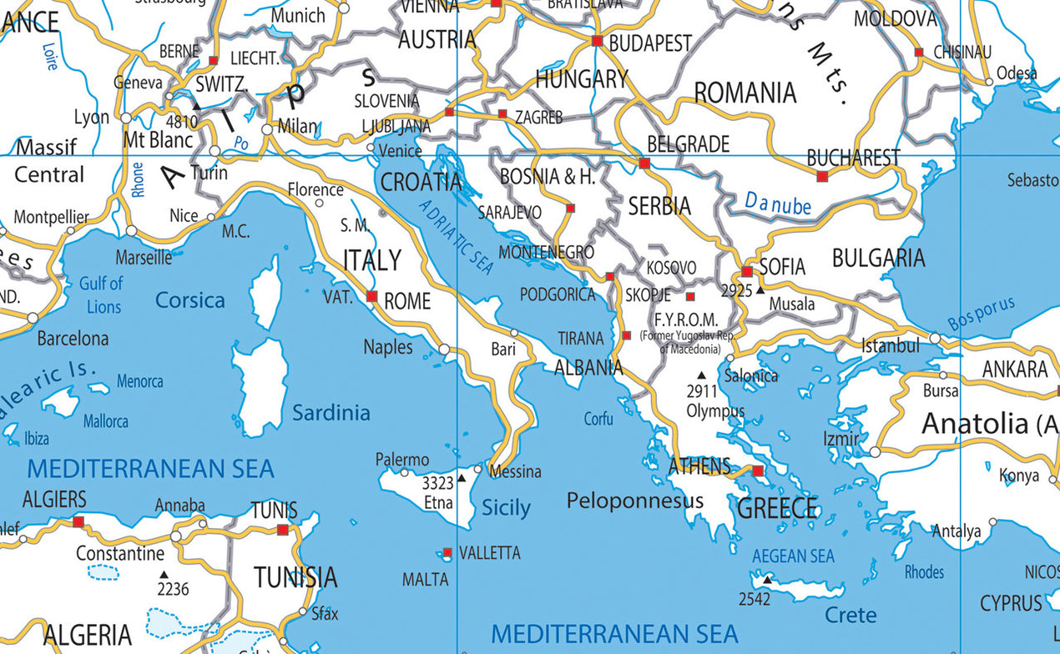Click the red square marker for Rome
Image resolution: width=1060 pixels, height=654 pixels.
pyautogui.click(x=372, y=296)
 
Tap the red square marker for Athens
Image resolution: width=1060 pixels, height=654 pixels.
pyautogui.click(x=758, y=471)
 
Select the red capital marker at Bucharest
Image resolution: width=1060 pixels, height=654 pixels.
pyautogui.click(x=822, y=176)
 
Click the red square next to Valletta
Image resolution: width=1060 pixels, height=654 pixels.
pyautogui.click(x=447, y=552)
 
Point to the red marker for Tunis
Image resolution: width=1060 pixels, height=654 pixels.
pyautogui.click(x=283, y=530)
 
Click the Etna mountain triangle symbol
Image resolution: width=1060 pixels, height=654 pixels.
pyautogui.click(x=462, y=479)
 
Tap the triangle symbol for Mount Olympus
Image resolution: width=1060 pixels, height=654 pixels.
pyautogui.click(x=701, y=375)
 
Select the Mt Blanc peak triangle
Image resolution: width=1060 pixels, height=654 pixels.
pyautogui.click(x=196, y=106)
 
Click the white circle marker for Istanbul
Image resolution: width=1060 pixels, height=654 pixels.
pyautogui.click(x=935, y=338)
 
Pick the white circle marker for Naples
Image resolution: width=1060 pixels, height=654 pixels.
pyautogui.click(x=444, y=350)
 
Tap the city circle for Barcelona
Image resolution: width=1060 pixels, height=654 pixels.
pyautogui.click(x=33, y=318)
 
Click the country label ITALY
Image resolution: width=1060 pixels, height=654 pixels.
pyautogui.click(x=372, y=260)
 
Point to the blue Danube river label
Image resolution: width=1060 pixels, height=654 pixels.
pyautogui.click(x=778, y=203)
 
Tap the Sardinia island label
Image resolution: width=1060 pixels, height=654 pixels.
pyautogui.click(x=331, y=412)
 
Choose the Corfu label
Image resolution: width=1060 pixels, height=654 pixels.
pyautogui.click(x=598, y=419)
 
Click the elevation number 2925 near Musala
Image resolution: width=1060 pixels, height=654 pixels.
pyautogui.click(x=736, y=290)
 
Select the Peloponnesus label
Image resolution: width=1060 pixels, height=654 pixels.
pyautogui.click(x=634, y=501)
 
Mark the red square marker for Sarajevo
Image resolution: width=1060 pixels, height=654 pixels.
pyautogui.click(x=570, y=208)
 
